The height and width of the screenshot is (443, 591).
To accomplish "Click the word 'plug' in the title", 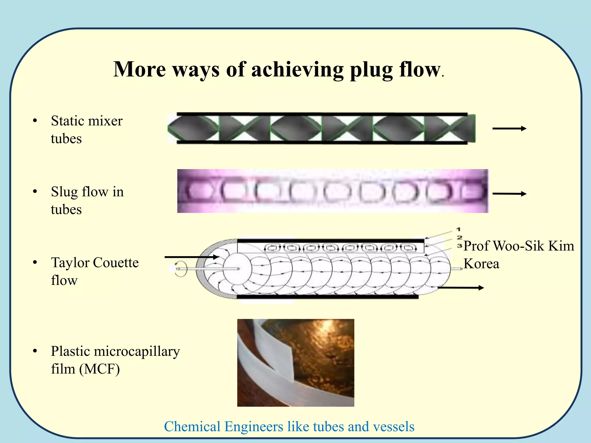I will pos(371,70).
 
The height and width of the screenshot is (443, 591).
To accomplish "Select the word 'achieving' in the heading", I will pos(297,70).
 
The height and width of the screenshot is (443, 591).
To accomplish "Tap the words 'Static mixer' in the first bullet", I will pos(87,121).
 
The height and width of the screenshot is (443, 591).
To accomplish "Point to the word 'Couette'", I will pos(116,263).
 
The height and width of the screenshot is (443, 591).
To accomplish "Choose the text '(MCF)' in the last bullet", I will pos(100,369).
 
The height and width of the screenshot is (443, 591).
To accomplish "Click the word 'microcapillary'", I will pos(137,351).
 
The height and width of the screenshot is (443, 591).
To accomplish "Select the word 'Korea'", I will pos(481,264).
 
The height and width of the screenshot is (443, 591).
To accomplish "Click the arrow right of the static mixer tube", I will pos(509,129).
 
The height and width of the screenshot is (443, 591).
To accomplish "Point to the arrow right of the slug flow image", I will pos(509,194).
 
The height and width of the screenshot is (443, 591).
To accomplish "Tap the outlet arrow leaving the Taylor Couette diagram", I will pos(461,288).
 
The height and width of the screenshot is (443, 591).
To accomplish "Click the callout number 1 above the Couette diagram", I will pos(458,229).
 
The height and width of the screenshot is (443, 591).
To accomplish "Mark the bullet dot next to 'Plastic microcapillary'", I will pos(35,351).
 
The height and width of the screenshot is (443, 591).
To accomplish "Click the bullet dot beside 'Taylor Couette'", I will pos(35,263).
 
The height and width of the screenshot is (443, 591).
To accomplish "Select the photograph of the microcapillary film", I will pos(295,363).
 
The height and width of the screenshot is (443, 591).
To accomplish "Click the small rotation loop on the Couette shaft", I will pos(181,269).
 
